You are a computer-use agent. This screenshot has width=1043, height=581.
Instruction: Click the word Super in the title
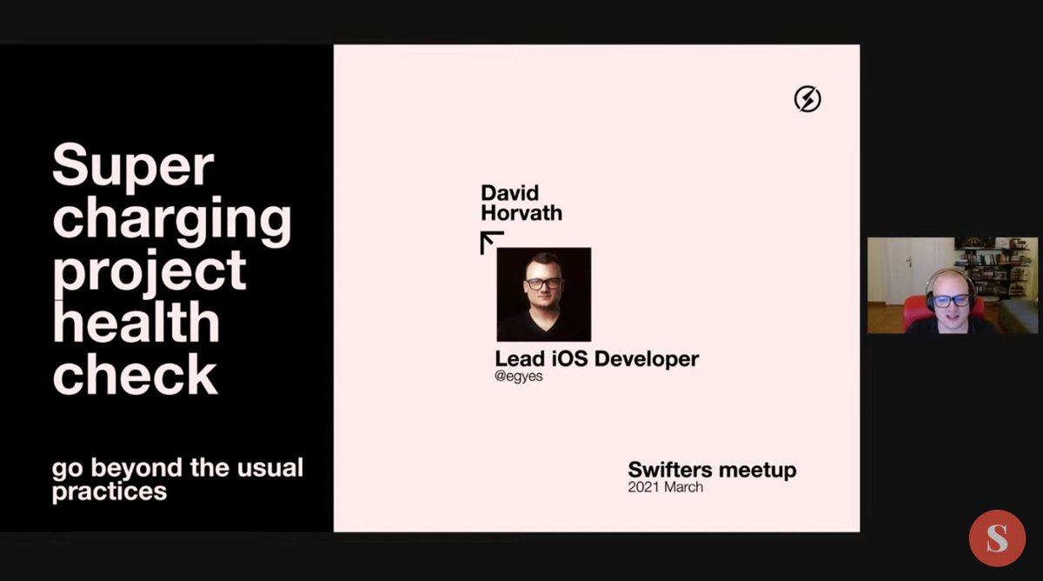(133, 167)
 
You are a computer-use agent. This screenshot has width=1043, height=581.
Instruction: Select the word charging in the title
(172, 220)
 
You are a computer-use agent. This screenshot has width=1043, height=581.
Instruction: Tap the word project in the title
(149, 271)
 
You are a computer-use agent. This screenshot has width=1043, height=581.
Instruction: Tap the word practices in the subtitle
(109, 491)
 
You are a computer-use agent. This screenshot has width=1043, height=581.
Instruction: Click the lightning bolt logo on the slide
(807, 99)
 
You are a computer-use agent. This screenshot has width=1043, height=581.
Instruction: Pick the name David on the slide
(510, 192)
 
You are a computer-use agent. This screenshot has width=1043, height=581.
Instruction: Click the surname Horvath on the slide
(521, 212)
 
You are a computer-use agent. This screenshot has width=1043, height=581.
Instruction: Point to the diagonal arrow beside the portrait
(492, 242)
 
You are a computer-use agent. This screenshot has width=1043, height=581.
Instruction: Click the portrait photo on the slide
(543, 294)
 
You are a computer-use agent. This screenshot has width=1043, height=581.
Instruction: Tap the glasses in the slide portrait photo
(543, 284)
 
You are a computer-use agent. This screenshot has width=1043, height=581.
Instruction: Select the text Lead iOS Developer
(596, 358)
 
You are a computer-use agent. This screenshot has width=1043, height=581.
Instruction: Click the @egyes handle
(519, 377)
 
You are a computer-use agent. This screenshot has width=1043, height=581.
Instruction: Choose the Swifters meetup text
(712, 471)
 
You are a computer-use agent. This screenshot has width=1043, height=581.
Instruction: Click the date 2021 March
(665, 487)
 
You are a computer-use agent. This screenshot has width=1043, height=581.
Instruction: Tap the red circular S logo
(997, 538)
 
